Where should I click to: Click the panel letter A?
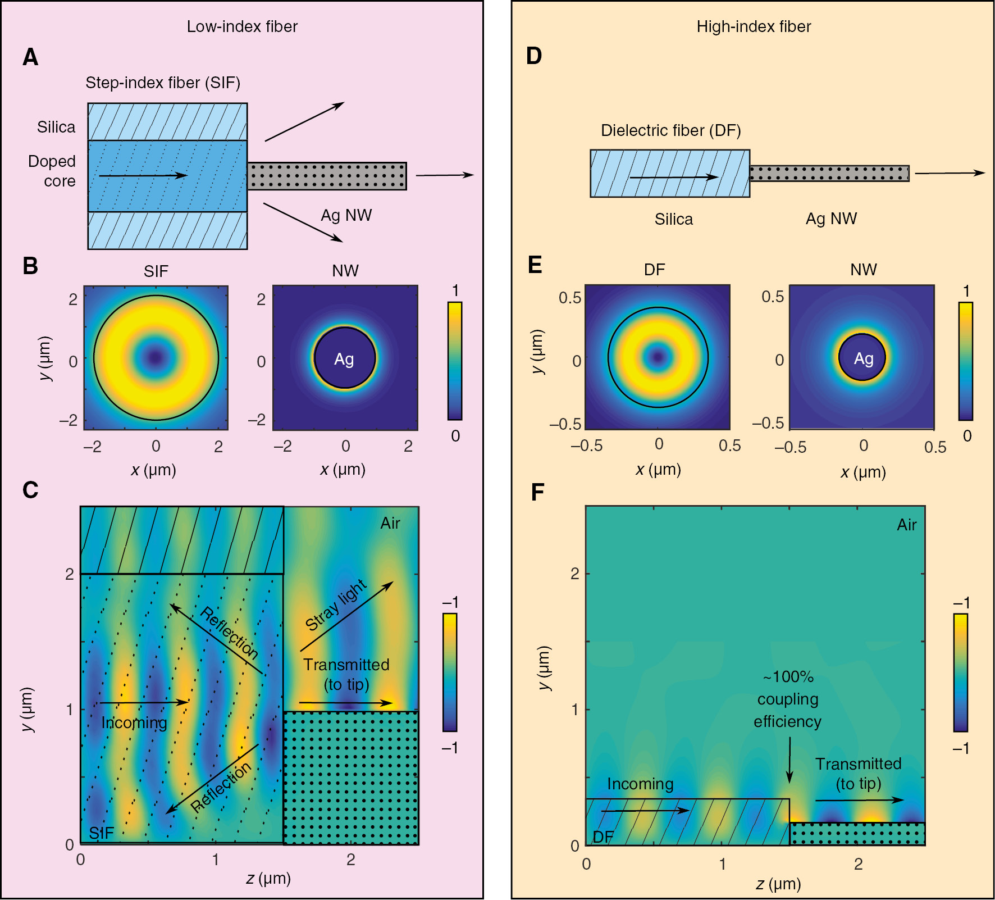tap(30, 57)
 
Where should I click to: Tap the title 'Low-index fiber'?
tap(242, 26)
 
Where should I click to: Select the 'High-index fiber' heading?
tap(754, 26)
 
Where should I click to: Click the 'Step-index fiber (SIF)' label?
tap(163, 83)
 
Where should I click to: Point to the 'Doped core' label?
tap(52, 171)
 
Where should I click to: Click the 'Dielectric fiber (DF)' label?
tap(670, 130)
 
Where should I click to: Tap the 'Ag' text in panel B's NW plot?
tap(344, 359)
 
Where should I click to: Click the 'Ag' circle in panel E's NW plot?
tap(863, 358)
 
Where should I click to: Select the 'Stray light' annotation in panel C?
tap(336, 605)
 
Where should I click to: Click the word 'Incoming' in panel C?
tap(134, 722)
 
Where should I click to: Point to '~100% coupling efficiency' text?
tap(787, 699)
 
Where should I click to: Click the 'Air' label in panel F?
tap(906, 525)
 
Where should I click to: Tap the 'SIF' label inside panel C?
tap(101, 833)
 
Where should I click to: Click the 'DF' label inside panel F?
tap(603, 837)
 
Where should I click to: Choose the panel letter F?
tap(537, 492)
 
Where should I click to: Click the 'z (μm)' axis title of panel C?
tap(268, 878)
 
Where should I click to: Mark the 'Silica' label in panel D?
tap(673, 219)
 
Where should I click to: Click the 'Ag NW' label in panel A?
tap(346, 215)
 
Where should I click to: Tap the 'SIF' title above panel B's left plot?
tap(156, 271)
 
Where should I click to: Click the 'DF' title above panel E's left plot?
tap(654, 270)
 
